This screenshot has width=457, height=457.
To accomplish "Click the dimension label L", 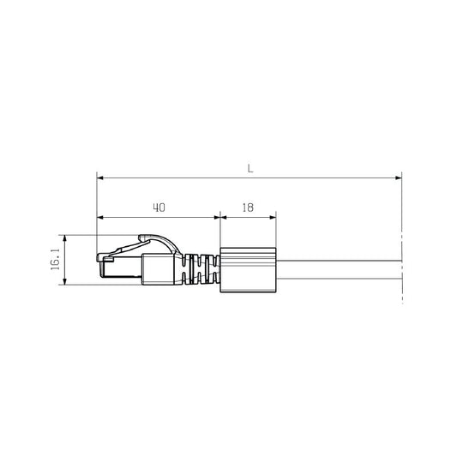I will pyautogui.click(x=250, y=169).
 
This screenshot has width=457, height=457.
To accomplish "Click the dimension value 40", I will pyautogui.click(x=158, y=207).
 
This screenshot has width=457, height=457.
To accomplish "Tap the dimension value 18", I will pyautogui.click(x=248, y=207).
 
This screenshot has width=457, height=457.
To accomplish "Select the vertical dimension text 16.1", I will pyautogui.click(x=55, y=260).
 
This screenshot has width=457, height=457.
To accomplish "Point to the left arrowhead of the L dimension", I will pyautogui.click(x=100, y=178).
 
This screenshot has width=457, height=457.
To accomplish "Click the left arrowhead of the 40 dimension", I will pyautogui.click(x=100, y=217).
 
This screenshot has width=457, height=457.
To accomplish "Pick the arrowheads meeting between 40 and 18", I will pyautogui.click(x=219, y=217).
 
